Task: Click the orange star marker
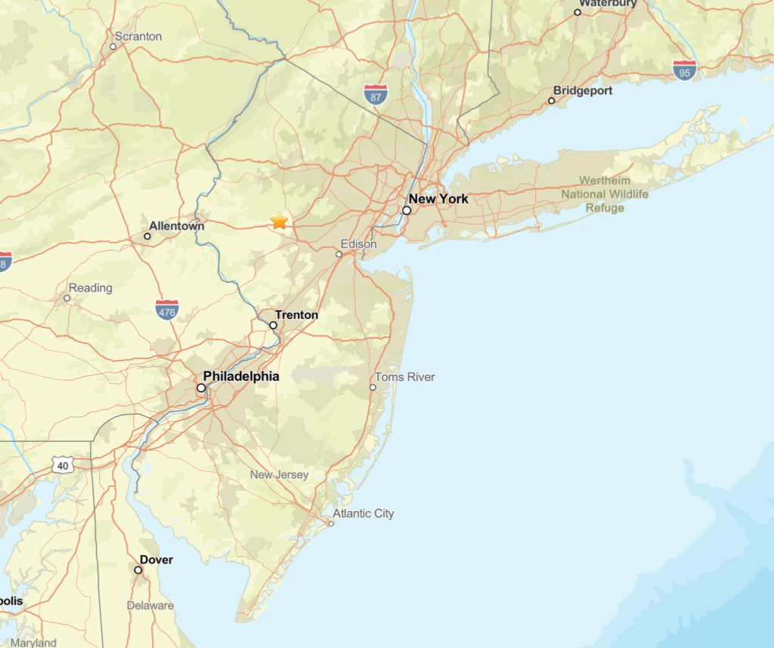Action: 280,221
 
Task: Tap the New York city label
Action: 438,199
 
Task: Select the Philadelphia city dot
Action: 201,388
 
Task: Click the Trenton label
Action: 296,315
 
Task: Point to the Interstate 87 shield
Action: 376,95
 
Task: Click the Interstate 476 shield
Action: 167,309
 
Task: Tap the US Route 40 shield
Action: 63,465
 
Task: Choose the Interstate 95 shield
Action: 685,71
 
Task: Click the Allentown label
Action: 176,226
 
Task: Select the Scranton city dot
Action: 113,47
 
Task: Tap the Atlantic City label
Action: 364,513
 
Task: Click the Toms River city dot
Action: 373,387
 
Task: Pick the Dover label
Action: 156,560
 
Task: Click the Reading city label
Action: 90,287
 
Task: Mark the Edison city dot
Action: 339,254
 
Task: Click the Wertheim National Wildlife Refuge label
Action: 605,194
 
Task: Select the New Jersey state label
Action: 280,475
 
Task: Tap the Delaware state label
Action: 150,605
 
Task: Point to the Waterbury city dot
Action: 577,12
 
